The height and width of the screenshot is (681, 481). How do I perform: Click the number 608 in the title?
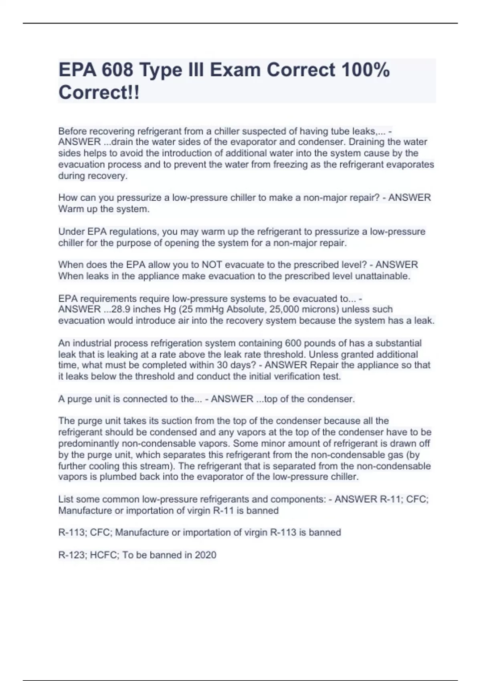tap(117, 71)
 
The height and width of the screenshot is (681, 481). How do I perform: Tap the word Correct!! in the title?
tap(99, 93)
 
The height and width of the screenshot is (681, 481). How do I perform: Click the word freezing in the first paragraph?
tap(290, 164)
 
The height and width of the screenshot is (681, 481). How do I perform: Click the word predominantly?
tap(89, 443)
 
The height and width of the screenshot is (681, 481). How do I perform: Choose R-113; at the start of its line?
tap(73, 532)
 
